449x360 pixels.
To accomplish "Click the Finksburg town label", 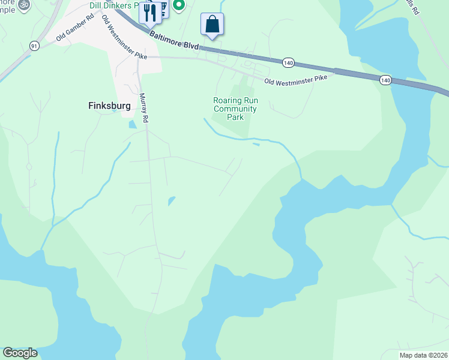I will click(x=105, y=105).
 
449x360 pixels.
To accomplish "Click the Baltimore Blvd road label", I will click(x=174, y=41).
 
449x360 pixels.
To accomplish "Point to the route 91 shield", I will click(x=34, y=46).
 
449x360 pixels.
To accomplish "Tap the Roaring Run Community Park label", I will click(x=235, y=109).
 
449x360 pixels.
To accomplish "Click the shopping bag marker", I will click(x=212, y=25).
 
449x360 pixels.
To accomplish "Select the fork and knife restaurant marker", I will click(x=149, y=11).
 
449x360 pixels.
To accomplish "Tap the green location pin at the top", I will click(x=178, y=5).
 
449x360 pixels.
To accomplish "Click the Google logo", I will click(x=20, y=353).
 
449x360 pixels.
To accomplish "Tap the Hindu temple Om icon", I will click(x=23, y=4).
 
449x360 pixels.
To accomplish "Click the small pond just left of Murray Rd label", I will click(x=132, y=125).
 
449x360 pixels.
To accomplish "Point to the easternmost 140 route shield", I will click(x=385, y=80).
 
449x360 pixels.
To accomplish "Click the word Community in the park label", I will click(x=235, y=109).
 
